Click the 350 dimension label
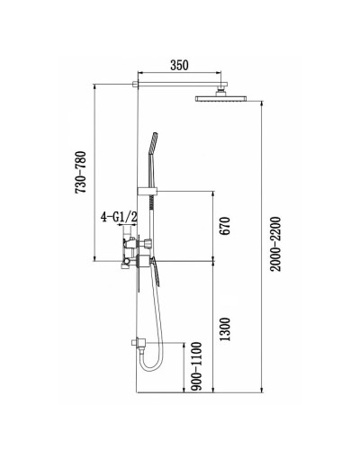(178, 66)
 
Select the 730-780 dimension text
(81, 173)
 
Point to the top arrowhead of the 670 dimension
(213, 193)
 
